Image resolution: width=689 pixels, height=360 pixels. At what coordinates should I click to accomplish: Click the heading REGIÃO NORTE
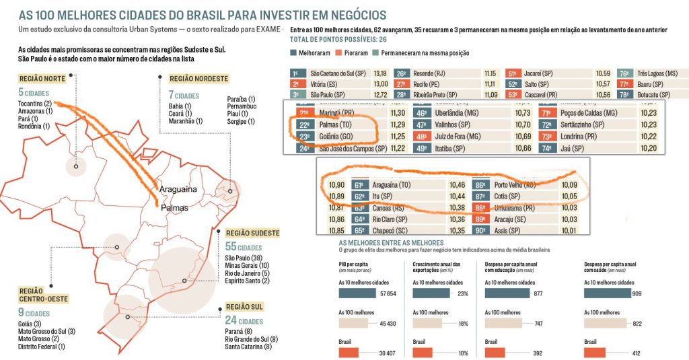coord(42,79)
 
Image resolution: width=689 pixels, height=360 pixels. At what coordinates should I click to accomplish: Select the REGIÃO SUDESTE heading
coord(253,233)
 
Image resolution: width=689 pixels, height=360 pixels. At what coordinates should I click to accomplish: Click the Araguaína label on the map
coord(178,189)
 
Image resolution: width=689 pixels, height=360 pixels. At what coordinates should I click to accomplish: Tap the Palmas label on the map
coord(174,209)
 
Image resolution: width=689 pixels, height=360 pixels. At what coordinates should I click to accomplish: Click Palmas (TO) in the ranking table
coord(334,124)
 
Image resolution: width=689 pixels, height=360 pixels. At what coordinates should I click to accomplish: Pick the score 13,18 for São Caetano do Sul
coord(379,73)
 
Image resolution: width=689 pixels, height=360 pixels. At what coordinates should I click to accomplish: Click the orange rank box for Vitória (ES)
coord(295,84)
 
